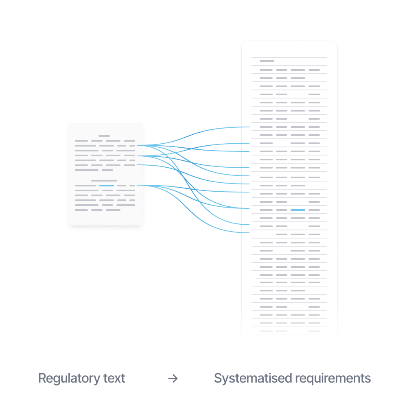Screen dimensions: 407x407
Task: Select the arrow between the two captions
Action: click(x=173, y=379)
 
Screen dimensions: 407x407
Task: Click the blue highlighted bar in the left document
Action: click(x=107, y=186)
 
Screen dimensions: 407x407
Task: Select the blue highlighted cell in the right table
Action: click(x=298, y=210)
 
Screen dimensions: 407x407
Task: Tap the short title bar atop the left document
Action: click(x=104, y=136)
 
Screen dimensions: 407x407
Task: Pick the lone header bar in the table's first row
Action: click(x=267, y=61)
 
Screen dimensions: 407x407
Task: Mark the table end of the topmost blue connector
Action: click(x=249, y=127)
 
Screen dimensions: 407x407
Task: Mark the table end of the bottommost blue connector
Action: click(x=249, y=233)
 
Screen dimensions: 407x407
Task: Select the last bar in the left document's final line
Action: click(x=113, y=210)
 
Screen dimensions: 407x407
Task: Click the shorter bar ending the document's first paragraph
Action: click(x=107, y=170)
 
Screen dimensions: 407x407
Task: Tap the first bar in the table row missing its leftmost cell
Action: click(x=282, y=234)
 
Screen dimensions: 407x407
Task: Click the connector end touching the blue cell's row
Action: click(x=249, y=208)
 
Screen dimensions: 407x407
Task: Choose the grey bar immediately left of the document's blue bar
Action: click(x=85, y=186)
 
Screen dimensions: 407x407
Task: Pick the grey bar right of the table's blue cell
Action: click(x=314, y=210)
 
